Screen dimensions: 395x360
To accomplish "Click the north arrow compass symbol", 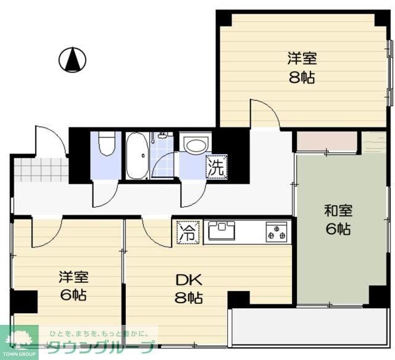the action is point(72,60).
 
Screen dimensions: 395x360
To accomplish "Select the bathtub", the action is point(137,155).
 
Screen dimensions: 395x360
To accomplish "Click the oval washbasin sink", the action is point(196,145).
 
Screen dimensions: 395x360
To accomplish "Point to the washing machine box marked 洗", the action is point(217,167).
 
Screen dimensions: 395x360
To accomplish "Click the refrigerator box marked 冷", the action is point(189,232).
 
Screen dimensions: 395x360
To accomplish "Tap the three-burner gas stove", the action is point(276,232).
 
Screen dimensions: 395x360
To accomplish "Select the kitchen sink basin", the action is point(221,230).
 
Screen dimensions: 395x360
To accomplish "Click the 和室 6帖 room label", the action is point(338,219).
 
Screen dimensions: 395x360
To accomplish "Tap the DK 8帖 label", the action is point(189,288).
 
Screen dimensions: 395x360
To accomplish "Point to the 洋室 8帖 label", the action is point(302,67).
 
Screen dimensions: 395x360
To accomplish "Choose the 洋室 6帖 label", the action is point(73,285).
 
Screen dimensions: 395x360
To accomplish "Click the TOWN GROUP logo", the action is point(19,342).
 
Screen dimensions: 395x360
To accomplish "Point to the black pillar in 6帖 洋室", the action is point(25,301).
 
